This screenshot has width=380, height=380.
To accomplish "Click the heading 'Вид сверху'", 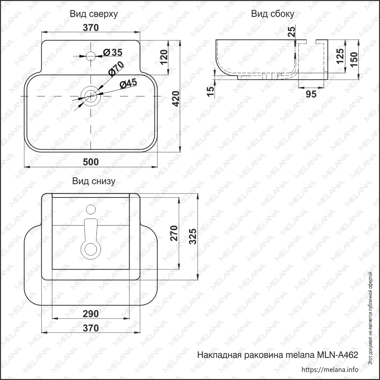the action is coord(94,14).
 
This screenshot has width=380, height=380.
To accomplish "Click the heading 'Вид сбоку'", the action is coord(272,14).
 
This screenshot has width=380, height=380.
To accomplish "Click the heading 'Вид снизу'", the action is coord(94,181).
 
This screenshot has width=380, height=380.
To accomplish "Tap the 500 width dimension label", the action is coord(91,162).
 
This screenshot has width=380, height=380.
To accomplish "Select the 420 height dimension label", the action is coord(176,99).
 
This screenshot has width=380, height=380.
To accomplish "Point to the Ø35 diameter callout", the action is coord(113,52).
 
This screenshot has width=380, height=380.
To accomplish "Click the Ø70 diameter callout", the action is coord(116,69).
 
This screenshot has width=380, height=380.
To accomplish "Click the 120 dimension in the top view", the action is coord(164,57).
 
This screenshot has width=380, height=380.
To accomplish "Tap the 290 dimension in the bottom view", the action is coord(91,314).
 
